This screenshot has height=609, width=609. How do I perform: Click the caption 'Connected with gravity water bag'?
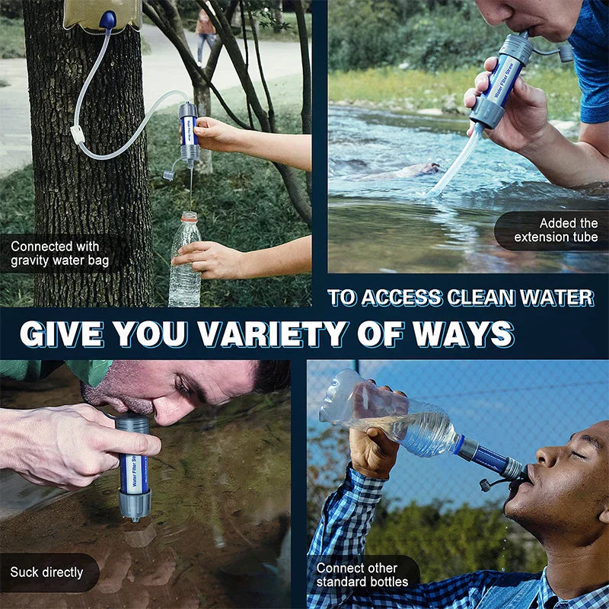[59, 254]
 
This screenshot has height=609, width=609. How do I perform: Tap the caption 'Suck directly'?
[46, 572]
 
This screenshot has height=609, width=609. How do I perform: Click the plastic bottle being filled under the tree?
[184, 263]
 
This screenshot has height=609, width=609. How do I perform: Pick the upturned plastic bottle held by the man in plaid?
[388, 415]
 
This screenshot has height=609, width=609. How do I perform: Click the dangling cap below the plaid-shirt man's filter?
[485, 485]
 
